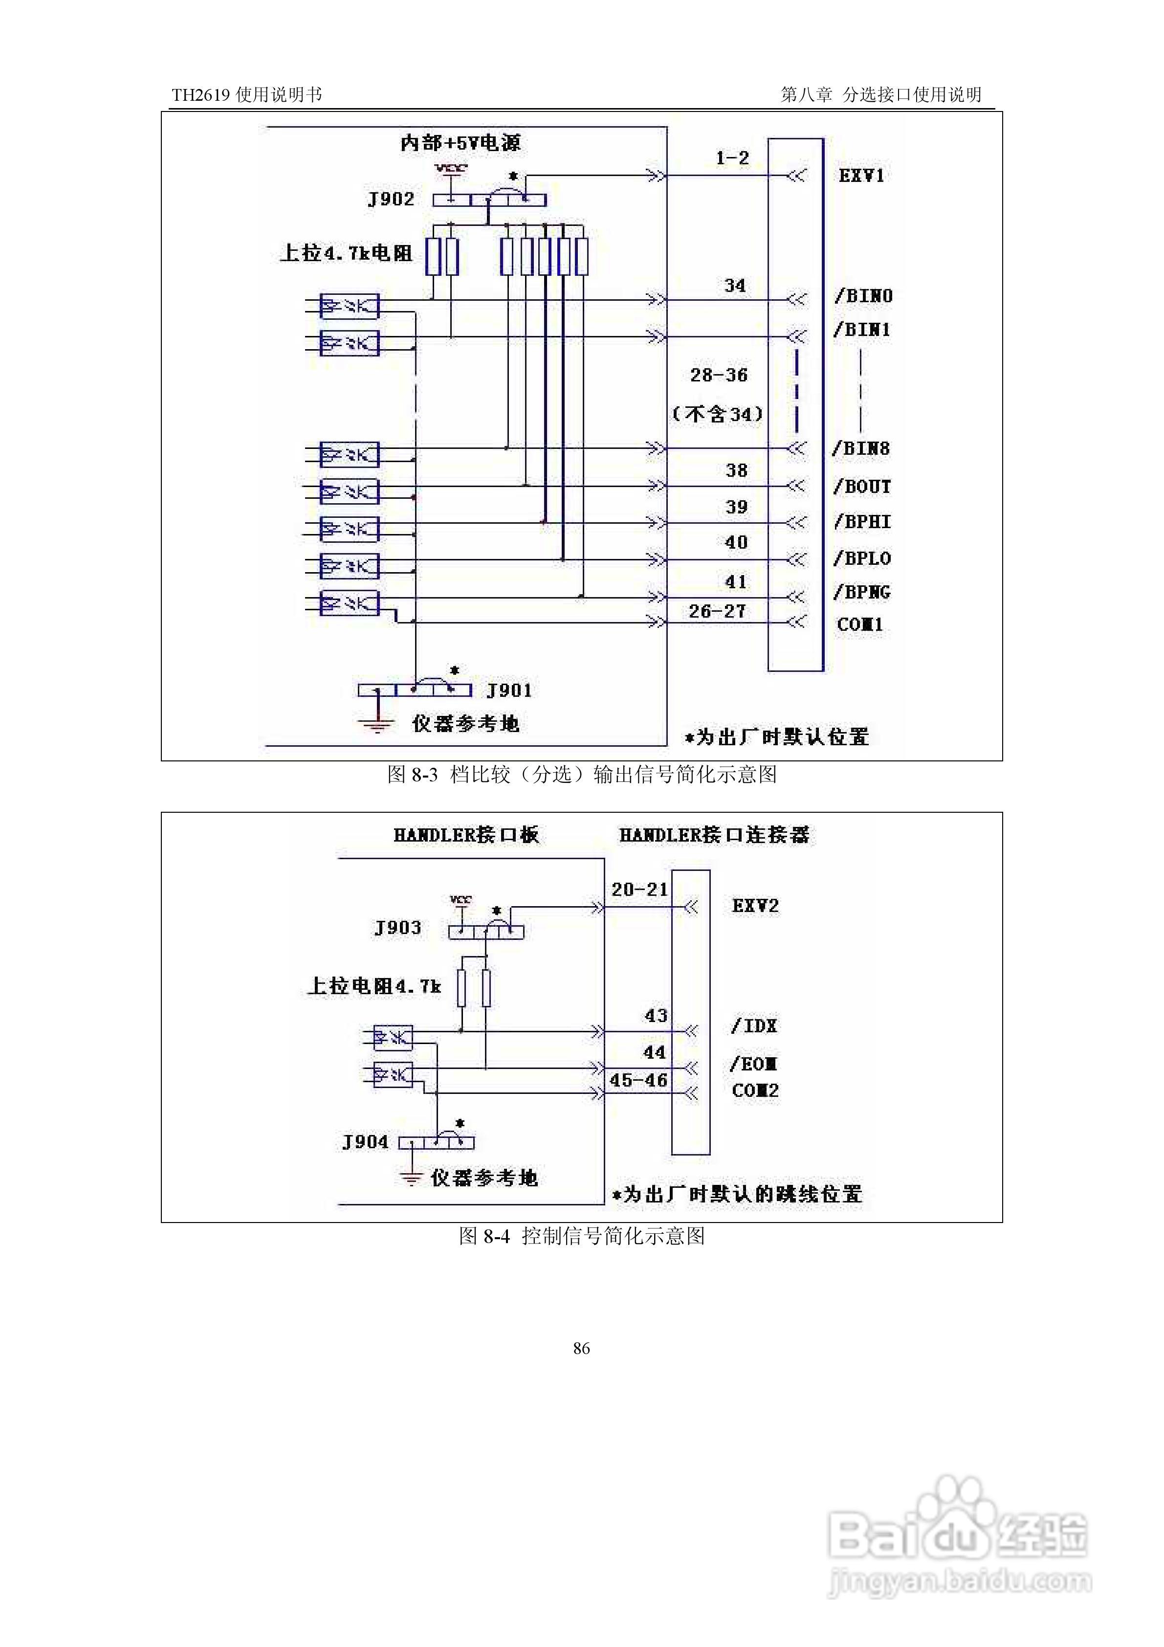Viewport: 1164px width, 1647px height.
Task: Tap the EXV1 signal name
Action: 861,175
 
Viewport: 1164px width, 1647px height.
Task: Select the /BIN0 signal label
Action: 863,295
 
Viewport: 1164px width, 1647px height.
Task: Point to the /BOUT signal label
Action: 862,487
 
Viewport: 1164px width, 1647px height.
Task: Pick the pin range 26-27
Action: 717,611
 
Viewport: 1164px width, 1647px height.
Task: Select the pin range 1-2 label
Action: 732,158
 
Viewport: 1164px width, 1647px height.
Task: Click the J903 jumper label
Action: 397,928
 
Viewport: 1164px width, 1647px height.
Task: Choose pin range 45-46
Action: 638,1080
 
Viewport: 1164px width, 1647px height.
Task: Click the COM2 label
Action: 755,1091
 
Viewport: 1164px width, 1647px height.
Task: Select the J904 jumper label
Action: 365,1142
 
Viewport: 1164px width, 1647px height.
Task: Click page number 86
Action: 582,1349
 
